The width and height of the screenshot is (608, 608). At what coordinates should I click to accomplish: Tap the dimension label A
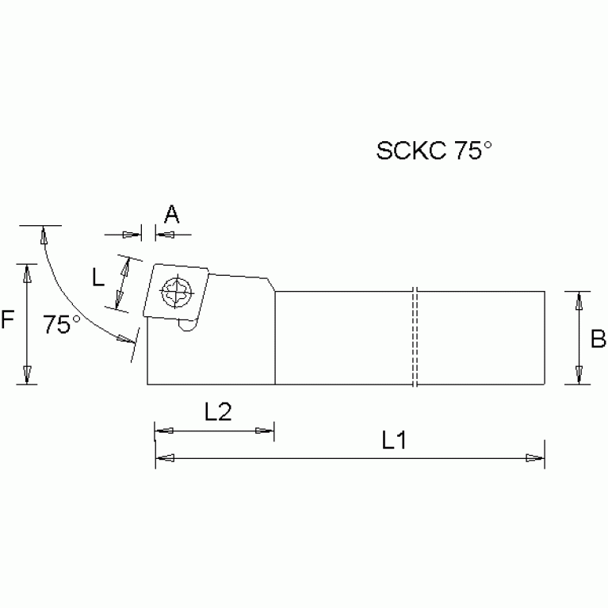pos(171,214)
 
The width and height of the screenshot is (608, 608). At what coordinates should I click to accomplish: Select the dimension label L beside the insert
pos(98,277)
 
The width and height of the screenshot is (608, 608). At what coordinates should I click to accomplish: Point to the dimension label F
pos(7,320)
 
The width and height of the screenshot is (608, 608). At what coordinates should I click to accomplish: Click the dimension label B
pos(598,338)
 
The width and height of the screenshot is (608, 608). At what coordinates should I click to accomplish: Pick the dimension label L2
pos(217,411)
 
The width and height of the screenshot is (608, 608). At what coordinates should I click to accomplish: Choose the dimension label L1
pos(394,442)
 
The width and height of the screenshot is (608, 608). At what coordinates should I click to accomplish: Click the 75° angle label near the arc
pos(62,324)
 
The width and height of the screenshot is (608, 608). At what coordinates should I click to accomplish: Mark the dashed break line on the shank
pos(415,337)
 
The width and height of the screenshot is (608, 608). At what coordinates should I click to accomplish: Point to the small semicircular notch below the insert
pos(187,324)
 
